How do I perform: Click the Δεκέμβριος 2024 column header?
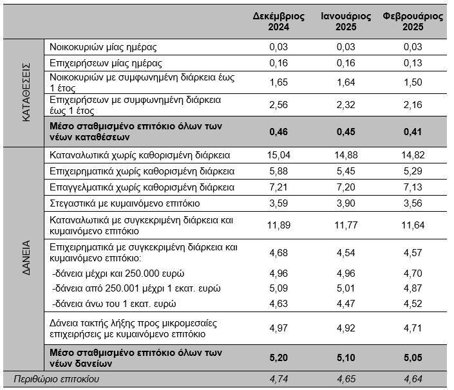tap(279, 21)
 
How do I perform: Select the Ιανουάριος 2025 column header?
tap(346, 21)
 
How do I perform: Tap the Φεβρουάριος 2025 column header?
tap(413, 21)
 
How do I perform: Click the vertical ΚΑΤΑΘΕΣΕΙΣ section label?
tap(26, 92)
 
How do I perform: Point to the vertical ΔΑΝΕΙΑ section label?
tap(26, 257)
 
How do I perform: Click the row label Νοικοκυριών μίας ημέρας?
tap(103, 47)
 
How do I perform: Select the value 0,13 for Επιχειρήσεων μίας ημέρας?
tap(413, 63)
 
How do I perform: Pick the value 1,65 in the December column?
tap(279, 82)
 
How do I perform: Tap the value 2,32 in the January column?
tap(346, 105)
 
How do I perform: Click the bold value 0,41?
tap(413, 132)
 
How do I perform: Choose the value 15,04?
tap(279, 155)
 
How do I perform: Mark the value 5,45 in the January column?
tap(346, 171)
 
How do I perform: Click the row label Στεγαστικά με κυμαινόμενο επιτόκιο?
tap(124, 203)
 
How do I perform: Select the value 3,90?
tap(346, 203)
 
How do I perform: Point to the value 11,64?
tap(413, 225)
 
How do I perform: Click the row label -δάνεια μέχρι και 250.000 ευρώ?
tap(118, 274)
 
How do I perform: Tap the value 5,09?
tap(279, 288)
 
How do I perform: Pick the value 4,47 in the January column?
tap(346, 304)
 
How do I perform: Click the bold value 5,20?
tap(279, 358)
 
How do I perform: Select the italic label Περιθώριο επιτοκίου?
tap(57, 379)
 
